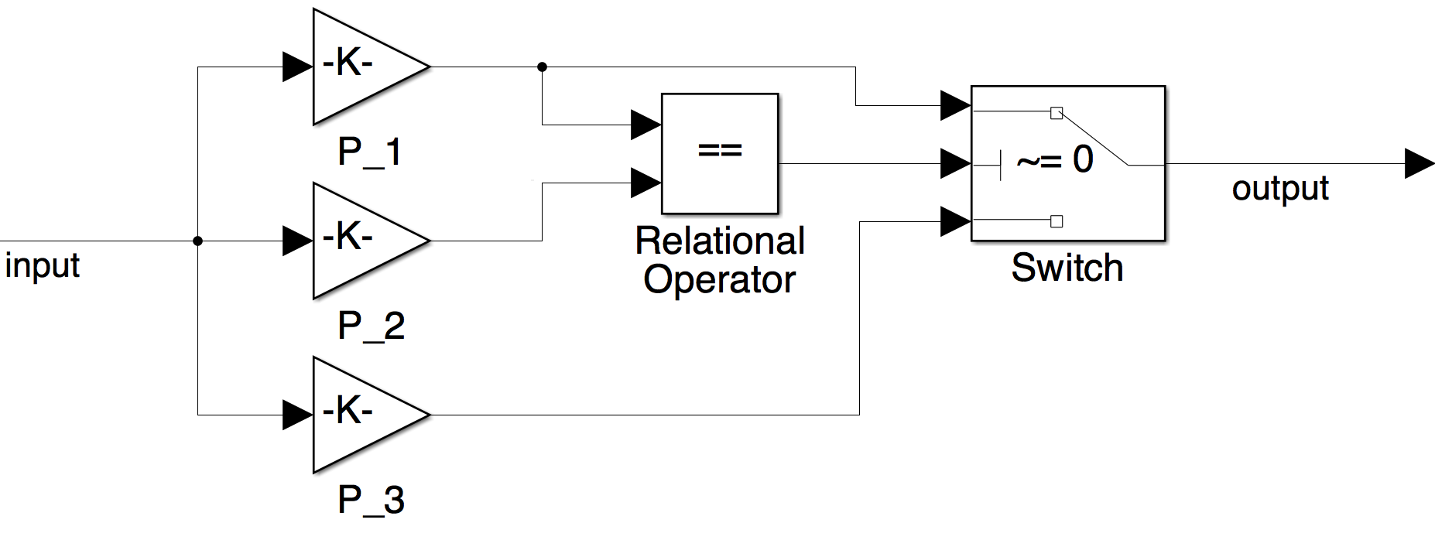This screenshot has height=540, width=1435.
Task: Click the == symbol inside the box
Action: point(720,150)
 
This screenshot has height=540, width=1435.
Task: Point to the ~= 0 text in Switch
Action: point(1054,160)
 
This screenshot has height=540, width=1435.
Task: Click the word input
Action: point(43,266)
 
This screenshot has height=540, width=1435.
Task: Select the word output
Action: point(1280,189)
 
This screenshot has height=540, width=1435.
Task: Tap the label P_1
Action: point(370,152)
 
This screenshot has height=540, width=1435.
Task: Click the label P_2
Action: point(372,326)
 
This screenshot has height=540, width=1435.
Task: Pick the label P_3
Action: point(372,500)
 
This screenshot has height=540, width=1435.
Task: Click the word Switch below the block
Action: point(1067,268)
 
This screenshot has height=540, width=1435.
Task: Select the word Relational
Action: point(720,241)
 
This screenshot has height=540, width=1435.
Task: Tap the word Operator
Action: point(720,279)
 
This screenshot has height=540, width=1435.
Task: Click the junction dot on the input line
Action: point(197,241)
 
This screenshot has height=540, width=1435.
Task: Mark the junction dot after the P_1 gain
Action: point(542,67)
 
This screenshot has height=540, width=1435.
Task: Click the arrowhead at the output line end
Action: point(1419,164)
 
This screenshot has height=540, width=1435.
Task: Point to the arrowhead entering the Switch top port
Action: point(955,105)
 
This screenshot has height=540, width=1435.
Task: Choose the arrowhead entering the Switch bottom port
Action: point(955,221)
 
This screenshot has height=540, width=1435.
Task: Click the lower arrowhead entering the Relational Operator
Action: point(646,183)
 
